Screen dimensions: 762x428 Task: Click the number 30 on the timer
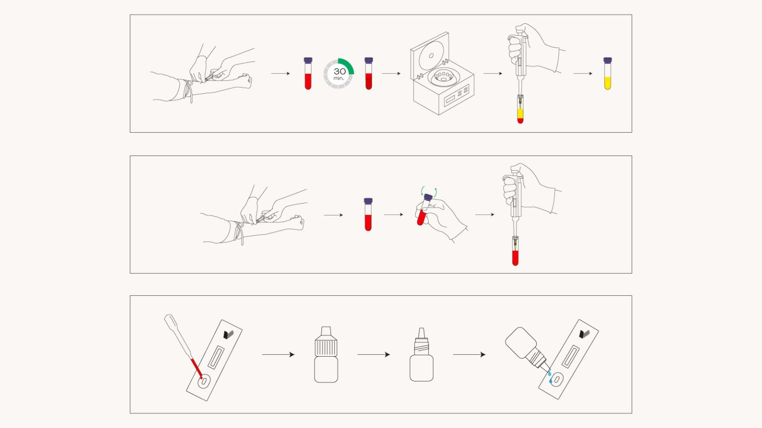coord(339,71)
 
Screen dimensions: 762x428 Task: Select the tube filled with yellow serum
coord(608,73)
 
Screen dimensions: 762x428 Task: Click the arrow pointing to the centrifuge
coord(391,73)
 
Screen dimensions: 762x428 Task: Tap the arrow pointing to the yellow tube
coord(583,73)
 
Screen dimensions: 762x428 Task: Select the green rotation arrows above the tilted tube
coord(429,191)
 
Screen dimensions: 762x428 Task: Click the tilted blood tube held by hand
coord(424,210)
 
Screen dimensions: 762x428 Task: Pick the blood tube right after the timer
coord(369,73)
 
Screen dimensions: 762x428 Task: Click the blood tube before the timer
coord(308,73)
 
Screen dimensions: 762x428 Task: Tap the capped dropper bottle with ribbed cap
coord(326,355)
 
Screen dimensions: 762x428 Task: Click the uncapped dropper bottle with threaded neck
coord(422,355)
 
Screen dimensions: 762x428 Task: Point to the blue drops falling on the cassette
coord(550,377)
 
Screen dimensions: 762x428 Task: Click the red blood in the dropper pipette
coord(196,368)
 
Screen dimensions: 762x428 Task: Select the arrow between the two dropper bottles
coord(374,355)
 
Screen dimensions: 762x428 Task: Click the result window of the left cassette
coord(216,357)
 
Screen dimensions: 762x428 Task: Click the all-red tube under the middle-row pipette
coord(515,251)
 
